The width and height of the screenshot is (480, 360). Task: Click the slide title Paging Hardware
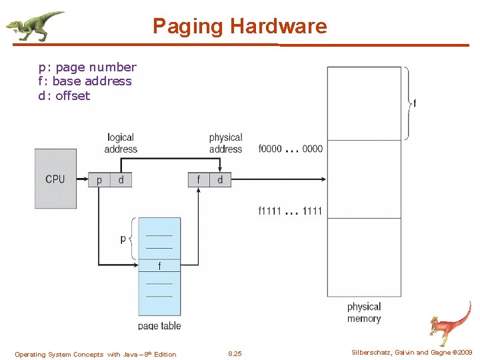click(x=239, y=26)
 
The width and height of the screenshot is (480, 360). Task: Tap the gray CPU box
click(x=55, y=179)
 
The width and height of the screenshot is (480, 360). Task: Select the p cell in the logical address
click(x=99, y=180)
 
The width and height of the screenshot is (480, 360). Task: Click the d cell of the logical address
click(x=121, y=180)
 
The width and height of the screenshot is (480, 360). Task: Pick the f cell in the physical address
click(x=199, y=180)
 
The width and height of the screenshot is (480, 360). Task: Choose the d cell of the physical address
click(x=220, y=180)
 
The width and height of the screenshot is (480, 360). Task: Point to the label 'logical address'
click(x=121, y=143)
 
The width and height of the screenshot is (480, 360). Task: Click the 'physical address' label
click(x=225, y=143)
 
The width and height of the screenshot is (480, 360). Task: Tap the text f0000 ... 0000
click(x=290, y=149)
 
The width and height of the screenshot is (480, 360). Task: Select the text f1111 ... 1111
click(x=290, y=211)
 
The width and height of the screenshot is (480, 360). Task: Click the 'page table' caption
click(x=159, y=326)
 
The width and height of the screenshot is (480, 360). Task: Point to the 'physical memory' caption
click(x=364, y=313)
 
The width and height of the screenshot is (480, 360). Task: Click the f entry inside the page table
click(x=159, y=266)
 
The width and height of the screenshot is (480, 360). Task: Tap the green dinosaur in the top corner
click(x=35, y=25)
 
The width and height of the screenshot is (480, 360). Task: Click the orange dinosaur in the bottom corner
click(x=449, y=323)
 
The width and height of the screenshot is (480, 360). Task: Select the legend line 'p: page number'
click(x=87, y=67)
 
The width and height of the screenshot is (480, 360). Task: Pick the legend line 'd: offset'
click(x=64, y=95)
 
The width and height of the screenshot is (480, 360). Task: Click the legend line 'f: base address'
click(x=85, y=81)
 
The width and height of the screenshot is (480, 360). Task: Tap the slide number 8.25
click(x=235, y=354)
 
